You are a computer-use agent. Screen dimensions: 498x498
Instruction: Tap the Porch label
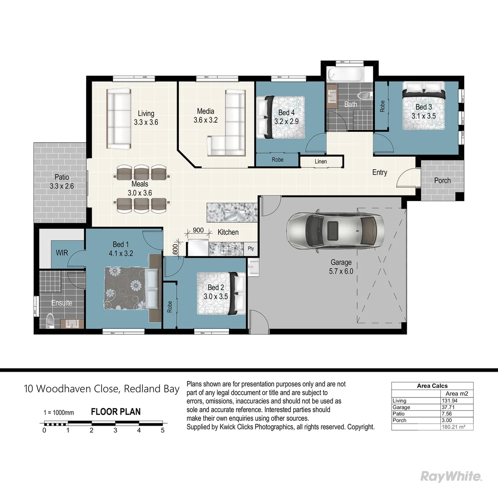click(x=442, y=180)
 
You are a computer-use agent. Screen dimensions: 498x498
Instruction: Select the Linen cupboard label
click(x=321, y=162)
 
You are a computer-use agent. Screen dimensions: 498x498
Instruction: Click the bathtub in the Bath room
click(x=345, y=75)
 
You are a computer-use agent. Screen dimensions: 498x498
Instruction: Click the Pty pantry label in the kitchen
click(x=251, y=248)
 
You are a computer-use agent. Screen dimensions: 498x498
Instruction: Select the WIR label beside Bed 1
click(x=62, y=253)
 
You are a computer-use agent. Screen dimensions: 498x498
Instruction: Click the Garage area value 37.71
click(x=450, y=407)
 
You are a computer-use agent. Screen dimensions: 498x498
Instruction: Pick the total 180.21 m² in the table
click(x=455, y=427)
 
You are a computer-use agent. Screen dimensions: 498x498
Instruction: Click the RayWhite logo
click(x=451, y=476)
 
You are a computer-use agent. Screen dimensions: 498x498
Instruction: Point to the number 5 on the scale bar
click(x=163, y=430)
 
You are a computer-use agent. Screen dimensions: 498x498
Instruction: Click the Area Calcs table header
click(x=432, y=386)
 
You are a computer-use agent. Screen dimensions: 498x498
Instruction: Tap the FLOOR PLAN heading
click(x=116, y=412)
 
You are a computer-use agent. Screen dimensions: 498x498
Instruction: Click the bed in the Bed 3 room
click(x=424, y=107)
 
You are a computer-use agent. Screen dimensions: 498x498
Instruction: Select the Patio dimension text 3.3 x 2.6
click(x=62, y=186)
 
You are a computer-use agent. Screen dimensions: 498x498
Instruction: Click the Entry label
click(x=379, y=172)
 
